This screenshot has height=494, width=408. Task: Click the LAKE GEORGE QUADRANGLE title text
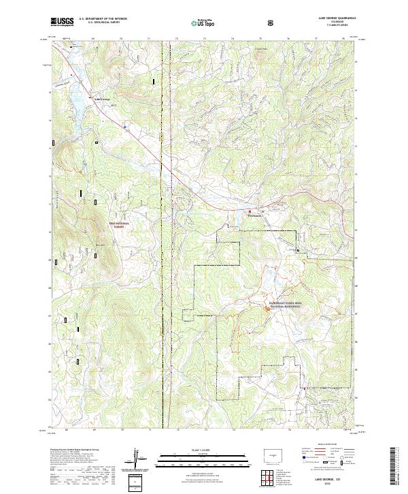(333, 18)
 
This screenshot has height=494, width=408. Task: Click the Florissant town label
(254, 216)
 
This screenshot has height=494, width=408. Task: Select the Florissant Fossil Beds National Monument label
(284, 307)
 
